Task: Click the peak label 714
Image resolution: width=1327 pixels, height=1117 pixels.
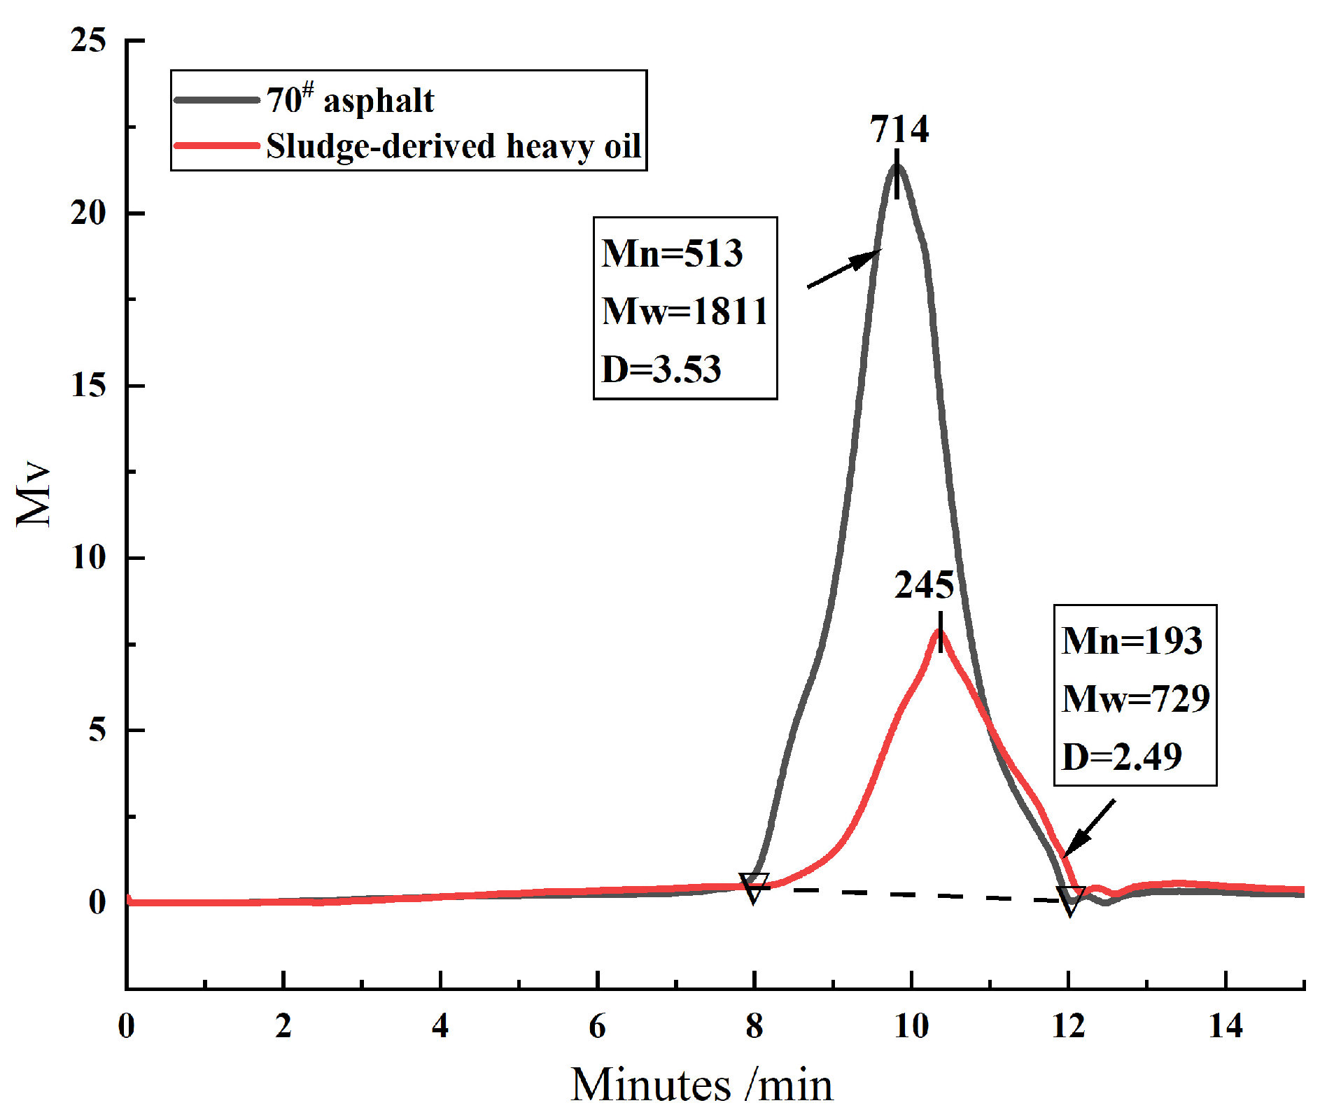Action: tap(899, 129)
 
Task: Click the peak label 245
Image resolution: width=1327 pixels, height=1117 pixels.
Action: tap(924, 585)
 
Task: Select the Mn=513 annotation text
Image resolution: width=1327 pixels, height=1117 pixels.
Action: tap(672, 253)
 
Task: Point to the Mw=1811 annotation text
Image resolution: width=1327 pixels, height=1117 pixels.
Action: tap(684, 311)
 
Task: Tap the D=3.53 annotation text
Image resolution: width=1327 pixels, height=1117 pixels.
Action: tap(661, 369)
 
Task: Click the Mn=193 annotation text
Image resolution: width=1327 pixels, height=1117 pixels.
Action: tap(1132, 640)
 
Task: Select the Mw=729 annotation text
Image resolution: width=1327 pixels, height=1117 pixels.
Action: tap(1135, 698)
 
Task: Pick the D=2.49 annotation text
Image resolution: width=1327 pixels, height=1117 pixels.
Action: tap(1122, 757)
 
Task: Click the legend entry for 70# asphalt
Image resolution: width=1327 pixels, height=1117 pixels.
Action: tap(350, 100)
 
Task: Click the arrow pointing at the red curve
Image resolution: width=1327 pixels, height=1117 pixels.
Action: tap(1088, 829)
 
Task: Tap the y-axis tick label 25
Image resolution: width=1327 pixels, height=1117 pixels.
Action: tap(89, 41)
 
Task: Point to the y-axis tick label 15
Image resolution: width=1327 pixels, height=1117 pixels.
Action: tap(89, 386)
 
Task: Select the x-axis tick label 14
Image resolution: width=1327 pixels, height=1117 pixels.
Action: tap(1226, 1027)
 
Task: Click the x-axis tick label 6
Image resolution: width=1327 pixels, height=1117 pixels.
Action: tap(597, 1027)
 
